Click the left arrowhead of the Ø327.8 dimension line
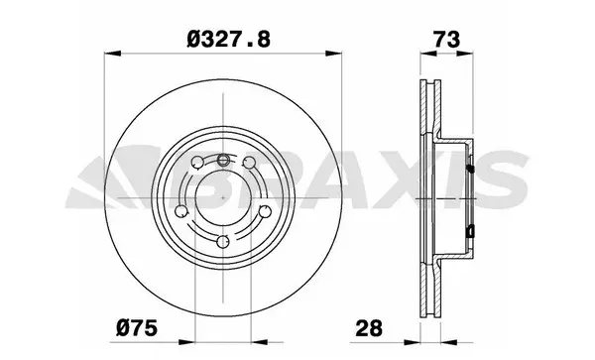(108, 55)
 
